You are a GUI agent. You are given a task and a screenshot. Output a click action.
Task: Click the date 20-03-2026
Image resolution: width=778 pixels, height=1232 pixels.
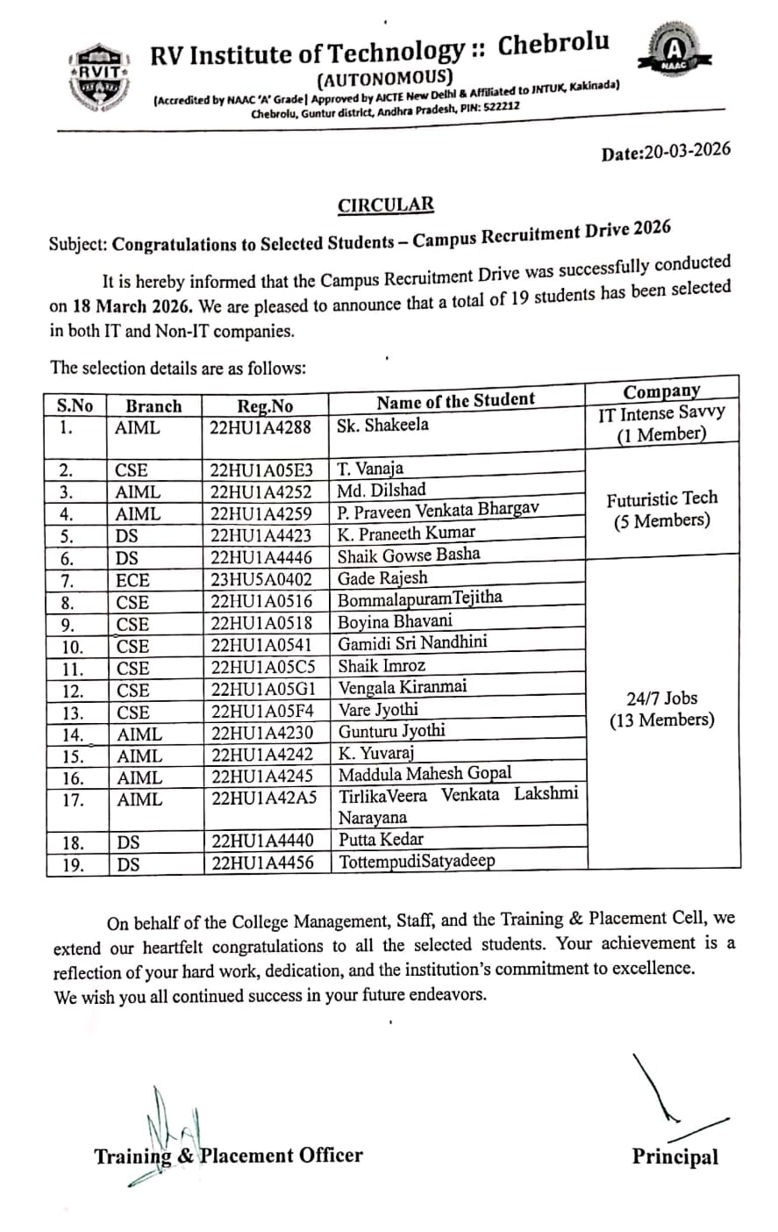[666, 152]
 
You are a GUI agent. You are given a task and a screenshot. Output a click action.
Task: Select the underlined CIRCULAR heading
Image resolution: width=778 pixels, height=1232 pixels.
[386, 205]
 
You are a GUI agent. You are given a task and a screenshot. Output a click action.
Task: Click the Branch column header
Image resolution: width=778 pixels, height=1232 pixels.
[153, 406]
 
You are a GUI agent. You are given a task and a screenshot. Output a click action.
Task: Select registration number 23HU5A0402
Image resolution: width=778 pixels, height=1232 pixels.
[261, 580]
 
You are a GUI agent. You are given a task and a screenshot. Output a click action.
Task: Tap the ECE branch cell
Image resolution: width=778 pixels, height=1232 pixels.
[132, 580]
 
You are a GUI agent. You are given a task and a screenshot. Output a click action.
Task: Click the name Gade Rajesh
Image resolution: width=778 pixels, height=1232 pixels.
[383, 578]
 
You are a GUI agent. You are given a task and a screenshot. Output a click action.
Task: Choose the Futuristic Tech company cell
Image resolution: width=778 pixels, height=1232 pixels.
[662, 509]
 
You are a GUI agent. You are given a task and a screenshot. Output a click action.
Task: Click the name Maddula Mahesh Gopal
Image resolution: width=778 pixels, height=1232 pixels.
[425, 774]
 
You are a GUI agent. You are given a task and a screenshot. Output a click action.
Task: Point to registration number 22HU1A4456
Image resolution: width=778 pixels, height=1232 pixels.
[262, 863]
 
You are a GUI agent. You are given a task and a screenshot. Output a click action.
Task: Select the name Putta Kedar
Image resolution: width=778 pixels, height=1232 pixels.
[381, 839]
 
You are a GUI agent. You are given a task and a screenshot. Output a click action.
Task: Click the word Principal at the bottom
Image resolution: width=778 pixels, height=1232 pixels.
[675, 1157]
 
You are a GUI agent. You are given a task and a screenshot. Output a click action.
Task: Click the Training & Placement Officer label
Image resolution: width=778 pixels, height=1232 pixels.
[228, 1156]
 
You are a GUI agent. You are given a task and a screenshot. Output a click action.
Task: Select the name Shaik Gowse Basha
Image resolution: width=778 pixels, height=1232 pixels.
[409, 555]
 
